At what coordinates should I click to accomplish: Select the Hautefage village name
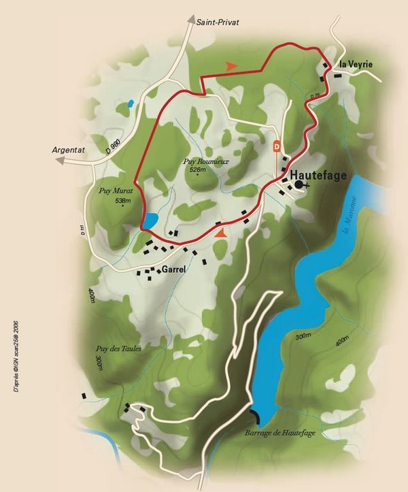point(319,175)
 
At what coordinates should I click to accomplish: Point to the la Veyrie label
point(356,65)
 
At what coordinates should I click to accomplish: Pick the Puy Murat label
point(114,192)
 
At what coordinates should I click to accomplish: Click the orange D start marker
point(277,146)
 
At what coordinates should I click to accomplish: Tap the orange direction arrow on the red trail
point(231,65)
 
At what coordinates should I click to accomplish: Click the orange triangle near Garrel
point(220,232)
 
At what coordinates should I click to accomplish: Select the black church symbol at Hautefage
point(300,184)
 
